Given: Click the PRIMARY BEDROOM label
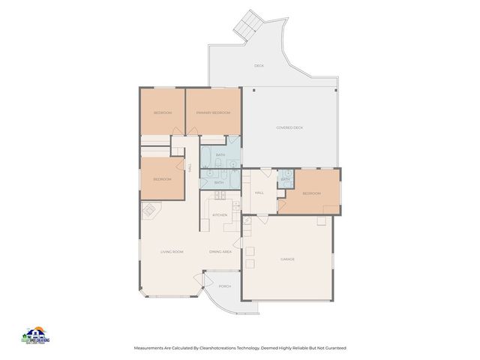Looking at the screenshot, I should [x=213, y=112].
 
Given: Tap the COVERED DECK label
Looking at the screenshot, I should [x=289, y=127].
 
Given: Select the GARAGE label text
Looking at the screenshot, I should [x=287, y=259].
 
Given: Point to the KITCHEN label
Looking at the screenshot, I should [x=220, y=215].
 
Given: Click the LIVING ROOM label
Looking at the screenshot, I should [x=172, y=251].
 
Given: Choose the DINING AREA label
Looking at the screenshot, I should [x=220, y=251].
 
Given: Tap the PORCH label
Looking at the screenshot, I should [x=224, y=286].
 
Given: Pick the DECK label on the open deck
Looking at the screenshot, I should [x=259, y=66].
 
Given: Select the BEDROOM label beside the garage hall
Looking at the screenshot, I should [x=311, y=193].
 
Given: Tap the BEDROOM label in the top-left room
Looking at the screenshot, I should [x=163, y=112].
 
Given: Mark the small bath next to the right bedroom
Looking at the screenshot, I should [x=285, y=180].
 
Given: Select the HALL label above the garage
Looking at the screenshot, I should [x=259, y=193].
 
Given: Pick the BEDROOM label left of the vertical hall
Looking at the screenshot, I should [x=162, y=179].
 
